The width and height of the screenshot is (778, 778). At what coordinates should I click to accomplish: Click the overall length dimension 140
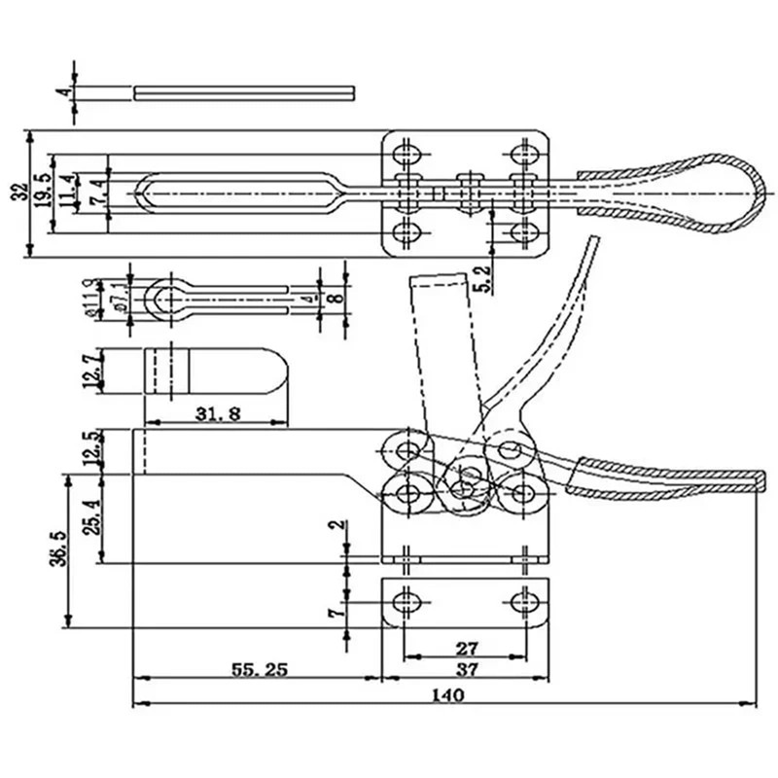coord(450,694)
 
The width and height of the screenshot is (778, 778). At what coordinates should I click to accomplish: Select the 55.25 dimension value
coord(257,669)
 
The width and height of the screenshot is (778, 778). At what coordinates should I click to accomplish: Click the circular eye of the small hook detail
coord(167,299)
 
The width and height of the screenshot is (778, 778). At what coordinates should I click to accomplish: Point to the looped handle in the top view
coord(681,189)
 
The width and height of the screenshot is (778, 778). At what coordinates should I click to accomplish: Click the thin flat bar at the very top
coord(243,92)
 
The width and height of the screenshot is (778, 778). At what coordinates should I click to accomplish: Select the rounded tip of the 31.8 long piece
coord(277,371)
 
